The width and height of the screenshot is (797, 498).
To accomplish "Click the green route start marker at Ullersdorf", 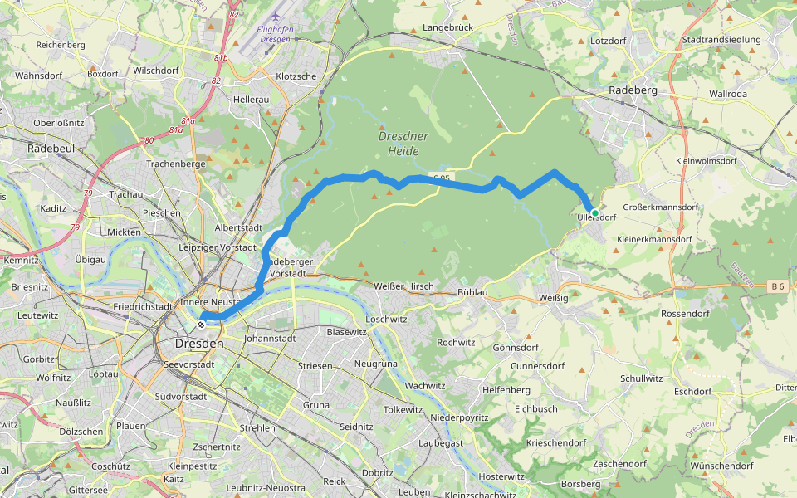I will point(594,213).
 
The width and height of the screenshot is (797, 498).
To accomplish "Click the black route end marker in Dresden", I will point(201,324).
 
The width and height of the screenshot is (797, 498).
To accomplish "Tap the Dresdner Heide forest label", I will point(403,144).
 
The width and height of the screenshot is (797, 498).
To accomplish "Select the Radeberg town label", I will point(633,90).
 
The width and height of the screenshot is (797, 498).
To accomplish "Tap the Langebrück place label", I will point(447,27).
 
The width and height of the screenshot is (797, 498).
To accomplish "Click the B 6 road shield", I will point(777,286).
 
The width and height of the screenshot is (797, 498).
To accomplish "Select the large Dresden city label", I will point(200,343).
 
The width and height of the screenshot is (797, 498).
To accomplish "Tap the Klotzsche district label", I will point(296,76).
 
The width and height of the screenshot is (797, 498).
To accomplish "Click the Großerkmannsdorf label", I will point(660,207).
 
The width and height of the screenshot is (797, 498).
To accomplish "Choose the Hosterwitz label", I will point(503,476).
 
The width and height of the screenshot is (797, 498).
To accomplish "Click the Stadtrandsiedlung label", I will point(721,40).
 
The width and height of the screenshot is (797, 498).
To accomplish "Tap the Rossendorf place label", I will point(684,314).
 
